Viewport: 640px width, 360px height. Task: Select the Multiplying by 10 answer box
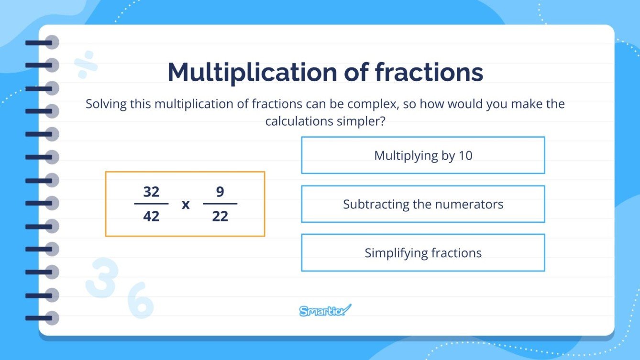[x=423, y=155]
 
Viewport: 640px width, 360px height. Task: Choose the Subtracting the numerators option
[x=423, y=204]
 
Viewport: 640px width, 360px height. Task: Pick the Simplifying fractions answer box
[x=423, y=253]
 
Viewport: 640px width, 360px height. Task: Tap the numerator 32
[x=151, y=192]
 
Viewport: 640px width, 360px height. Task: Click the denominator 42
[x=151, y=217]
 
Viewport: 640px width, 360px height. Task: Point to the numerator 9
[x=220, y=192]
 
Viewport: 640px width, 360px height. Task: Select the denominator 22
[x=220, y=217]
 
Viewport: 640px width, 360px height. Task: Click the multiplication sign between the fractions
[x=186, y=205]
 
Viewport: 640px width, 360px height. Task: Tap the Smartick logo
[x=325, y=311]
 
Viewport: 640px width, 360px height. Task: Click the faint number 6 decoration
[x=140, y=300]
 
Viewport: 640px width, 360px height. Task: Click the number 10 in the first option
[x=465, y=155]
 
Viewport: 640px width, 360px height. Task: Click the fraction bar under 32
[x=151, y=204]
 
